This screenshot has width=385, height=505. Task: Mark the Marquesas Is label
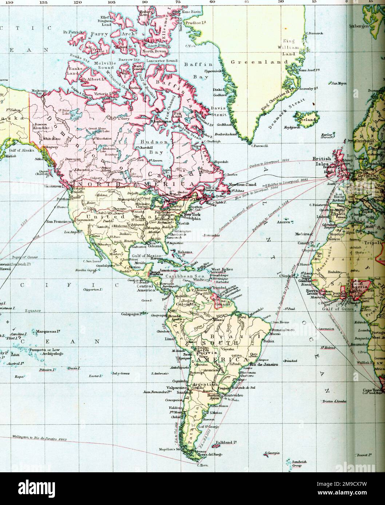click(45, 332)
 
